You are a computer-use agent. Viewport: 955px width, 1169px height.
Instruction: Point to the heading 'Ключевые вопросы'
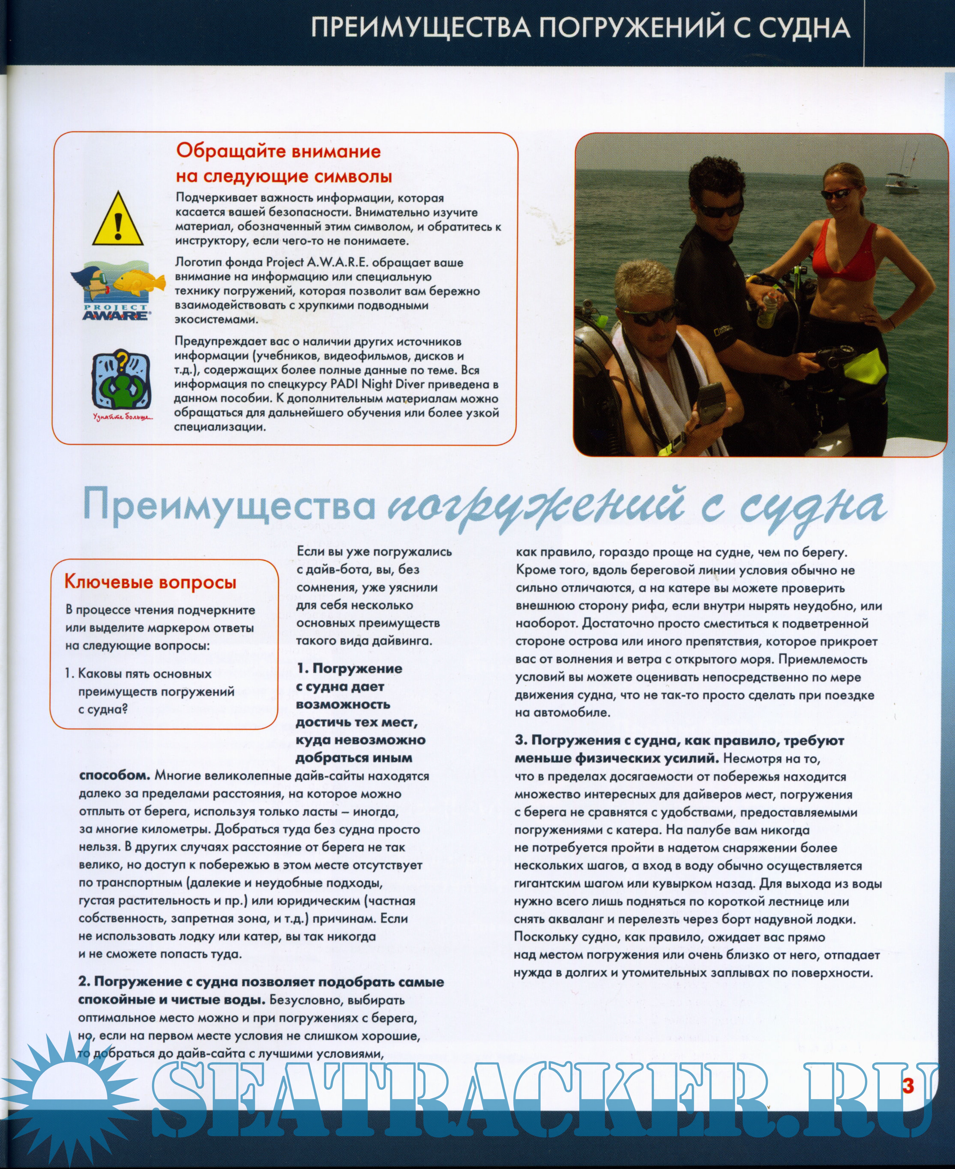click(x=150, y=582)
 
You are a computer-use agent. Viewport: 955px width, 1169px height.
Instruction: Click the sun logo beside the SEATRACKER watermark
click(x=72, y=1094)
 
